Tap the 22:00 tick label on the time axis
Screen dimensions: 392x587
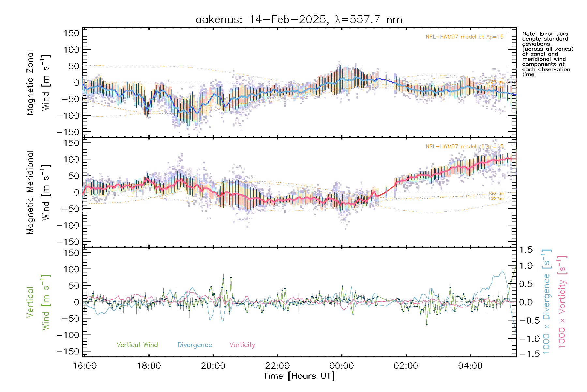click(x=277, y=366)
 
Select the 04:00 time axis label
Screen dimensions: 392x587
click(x=470, y=366)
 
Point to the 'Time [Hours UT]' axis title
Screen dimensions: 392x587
click(x=299, y=376)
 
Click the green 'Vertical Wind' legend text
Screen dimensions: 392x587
click(x=137, y=345)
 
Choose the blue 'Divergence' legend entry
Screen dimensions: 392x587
click(x=195, y=345)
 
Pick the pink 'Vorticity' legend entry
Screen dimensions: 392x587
click(x=242, y=345)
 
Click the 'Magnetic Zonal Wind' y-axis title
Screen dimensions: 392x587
click(x=38, y=83)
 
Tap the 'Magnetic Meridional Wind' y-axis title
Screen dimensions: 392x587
click(x=38, y=192)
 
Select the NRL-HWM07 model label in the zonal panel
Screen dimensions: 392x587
click(x=464, y=37)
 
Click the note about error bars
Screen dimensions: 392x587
click(x=547, y=54)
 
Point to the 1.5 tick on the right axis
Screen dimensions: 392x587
click(x=526, y=250)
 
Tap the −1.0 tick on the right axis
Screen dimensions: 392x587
click(x=526, y=339)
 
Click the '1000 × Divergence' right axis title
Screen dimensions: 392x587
click(x=546, y=302)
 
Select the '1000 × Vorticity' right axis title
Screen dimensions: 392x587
click(x=562, y=302)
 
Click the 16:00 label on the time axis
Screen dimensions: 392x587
click(x=84, y=366)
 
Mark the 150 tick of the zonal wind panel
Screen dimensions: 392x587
click(x=72, y=33)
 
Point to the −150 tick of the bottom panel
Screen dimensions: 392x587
click(x=68, y=351)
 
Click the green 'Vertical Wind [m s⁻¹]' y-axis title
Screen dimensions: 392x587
click(x=38, y=302)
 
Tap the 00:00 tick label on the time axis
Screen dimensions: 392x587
click(x=341, y=366)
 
